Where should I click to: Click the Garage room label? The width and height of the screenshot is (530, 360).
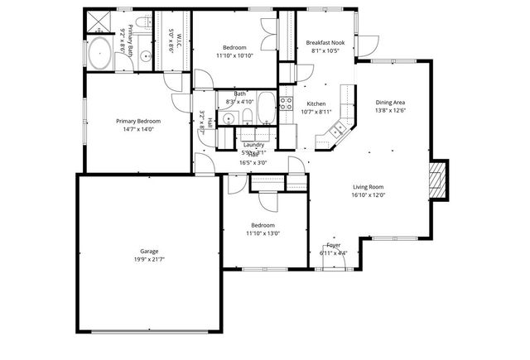tap(149, 251)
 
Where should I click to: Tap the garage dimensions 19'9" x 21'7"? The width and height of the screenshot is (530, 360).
tap(149, 261)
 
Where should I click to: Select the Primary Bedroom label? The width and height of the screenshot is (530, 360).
tap(137, 121)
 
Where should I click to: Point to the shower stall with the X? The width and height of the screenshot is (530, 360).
tap(98, 21)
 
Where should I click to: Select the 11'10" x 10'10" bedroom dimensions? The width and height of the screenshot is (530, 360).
tap(234, 55)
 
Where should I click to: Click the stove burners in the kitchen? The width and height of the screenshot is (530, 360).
tap(287, 103)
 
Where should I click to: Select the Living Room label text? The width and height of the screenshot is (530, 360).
tap(369, 187)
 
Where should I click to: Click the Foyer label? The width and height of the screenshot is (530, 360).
tap(333, 245)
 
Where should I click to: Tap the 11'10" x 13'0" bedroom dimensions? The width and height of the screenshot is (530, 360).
tap(263, 233)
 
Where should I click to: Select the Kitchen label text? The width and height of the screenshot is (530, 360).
tap(316, 103)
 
